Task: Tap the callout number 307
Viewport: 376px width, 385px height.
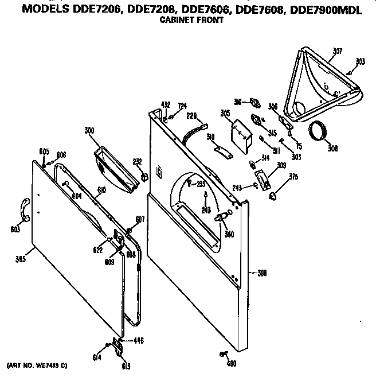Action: point(337,51)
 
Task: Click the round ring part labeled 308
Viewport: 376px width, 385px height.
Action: point(320,133)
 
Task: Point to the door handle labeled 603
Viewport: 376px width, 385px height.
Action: point(25,209)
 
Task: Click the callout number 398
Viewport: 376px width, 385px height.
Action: point(262,273)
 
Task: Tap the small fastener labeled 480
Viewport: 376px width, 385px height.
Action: point(222,353)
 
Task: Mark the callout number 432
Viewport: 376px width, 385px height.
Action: point(166,105)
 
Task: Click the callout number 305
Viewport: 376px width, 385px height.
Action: point(225,114)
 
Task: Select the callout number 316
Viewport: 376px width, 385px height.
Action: point(237,101)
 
